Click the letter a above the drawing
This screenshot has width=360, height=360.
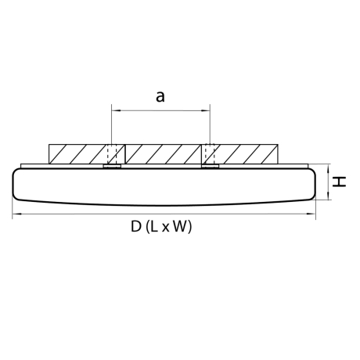[x=160, y=96]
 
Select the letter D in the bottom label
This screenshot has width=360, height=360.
[x=135, y=227]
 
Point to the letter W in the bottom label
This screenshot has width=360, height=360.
[x=181, y=227]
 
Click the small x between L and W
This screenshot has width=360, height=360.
[x=167, y=228]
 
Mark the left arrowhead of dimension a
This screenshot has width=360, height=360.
[x=116, y=110]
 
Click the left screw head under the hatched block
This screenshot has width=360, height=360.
[x=112, y=166]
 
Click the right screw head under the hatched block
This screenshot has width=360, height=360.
[x=210, y=166]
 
